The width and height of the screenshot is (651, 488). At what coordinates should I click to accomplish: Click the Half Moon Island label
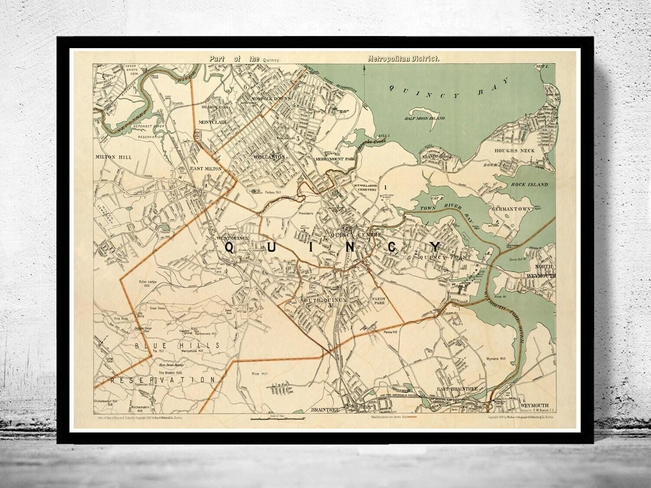(425, 118)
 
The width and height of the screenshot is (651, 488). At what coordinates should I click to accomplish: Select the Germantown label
(511, 209)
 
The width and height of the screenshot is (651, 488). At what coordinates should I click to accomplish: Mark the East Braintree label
(457, 389)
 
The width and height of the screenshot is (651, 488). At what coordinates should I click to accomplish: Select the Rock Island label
(529, 184)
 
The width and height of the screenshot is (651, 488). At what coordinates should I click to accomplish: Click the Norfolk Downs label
(270, 98)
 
